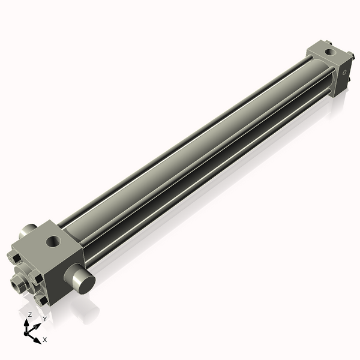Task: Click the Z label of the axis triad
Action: [x=30, y=314]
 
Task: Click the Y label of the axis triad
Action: [x=44, y=319]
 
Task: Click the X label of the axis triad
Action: [x=45, y=340]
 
